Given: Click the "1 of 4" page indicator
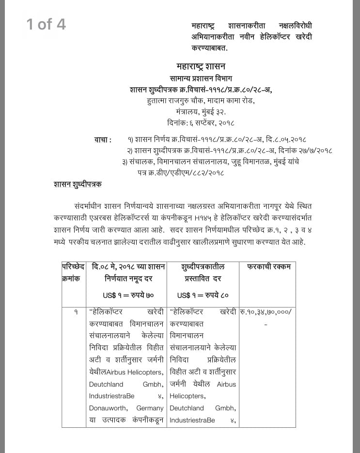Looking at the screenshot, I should (x=46, y=24).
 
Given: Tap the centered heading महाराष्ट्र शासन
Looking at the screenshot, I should (x=201, y=66).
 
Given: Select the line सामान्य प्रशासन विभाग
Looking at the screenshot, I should (x=201, y=78).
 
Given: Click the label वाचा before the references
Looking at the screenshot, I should (x=103, y=140).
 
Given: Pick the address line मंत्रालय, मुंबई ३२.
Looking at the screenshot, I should (x=201, y=112).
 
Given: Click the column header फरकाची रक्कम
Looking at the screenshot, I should (x=269, y=266).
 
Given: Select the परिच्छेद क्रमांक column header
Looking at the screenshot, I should (x=74, y=272).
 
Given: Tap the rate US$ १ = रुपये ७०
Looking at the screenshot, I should (x=126, y=295).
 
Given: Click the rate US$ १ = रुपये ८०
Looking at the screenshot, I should (x=203, y=295).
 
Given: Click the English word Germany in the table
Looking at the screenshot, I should (x=150, y=408).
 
